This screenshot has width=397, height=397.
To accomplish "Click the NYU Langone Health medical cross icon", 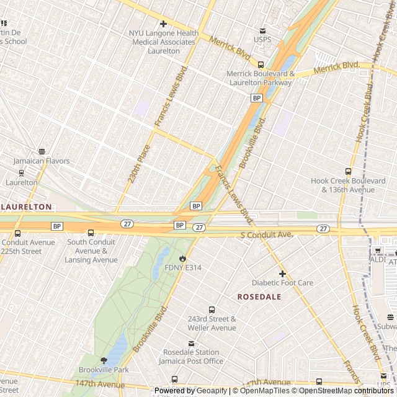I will [x=164, y=24].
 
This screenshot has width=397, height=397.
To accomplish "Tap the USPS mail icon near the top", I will [x=262, y=31].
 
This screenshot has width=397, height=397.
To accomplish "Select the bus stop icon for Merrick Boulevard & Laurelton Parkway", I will [x=261, y=65].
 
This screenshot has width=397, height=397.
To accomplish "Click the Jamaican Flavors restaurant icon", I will [x=42, y=151].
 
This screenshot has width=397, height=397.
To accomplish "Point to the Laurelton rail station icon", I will [x=22, y=173].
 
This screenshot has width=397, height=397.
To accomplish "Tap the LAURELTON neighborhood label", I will [x=27, y=207].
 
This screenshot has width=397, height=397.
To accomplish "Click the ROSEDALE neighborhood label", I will [x=259, y=297].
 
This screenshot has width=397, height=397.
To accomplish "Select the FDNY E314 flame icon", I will [x=183, y=258].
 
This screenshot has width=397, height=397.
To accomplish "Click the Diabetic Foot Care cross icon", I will [x=282, y=274].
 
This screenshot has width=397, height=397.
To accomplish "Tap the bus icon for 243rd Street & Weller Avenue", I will [x=212, y=310].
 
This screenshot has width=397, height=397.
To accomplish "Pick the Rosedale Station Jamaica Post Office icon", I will [x=191, y=344].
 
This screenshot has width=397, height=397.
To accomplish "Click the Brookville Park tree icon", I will [x=104, y=360].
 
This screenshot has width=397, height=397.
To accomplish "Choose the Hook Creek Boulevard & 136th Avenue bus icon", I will [x=347, y=171].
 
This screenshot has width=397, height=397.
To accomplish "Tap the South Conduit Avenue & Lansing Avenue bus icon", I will [x=91, y=233].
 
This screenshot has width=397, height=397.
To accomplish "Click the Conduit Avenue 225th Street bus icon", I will [x=17, y=233].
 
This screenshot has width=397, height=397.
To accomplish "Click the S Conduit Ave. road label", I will [x=266, y=235].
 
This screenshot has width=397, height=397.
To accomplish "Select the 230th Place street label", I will [x=139, y=164].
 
